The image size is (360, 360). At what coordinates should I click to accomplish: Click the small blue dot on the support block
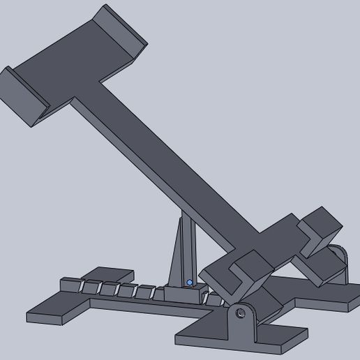pyautogui.click(x=190, y=283)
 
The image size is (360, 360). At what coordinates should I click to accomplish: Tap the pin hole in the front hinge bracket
pyautogui.click(x=239, y=313)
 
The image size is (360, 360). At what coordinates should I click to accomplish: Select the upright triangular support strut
pyautogui.click(x=183, y=251)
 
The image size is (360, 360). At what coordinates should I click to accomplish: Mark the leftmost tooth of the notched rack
pyautogui.click(x=69, y=284)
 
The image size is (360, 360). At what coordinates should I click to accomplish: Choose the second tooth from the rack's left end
pyautogui.click(x=91, y=287)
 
